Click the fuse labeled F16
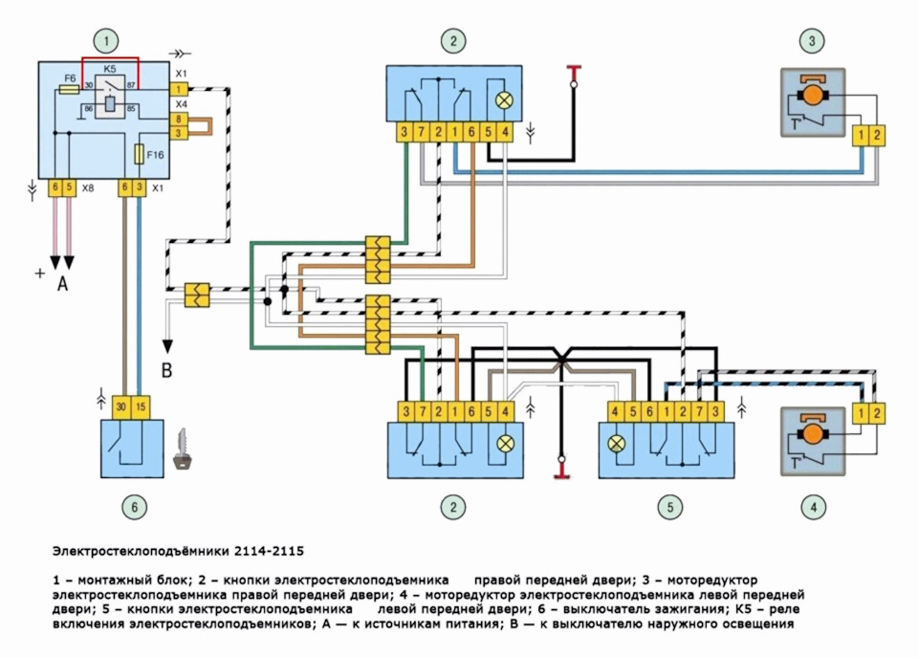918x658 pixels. coord(141,153)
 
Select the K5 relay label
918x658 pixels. coord(110,70)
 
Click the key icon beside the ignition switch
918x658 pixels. coord(183,460)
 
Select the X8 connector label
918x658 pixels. coord(87,189)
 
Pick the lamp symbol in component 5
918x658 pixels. coord(617,445)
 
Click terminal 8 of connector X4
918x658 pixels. coord(178,119)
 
